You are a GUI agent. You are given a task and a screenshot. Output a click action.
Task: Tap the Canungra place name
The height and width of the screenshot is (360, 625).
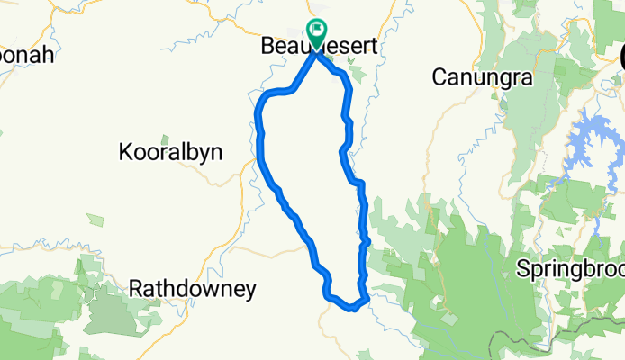(x=482, y=78)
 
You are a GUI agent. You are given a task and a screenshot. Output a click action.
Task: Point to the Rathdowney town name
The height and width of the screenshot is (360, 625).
(x=193, y=290)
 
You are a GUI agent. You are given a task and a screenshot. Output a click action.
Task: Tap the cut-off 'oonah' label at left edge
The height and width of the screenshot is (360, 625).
(x=27, y=54)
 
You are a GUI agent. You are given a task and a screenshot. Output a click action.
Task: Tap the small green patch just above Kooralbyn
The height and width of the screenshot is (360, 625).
(x=164, y=140)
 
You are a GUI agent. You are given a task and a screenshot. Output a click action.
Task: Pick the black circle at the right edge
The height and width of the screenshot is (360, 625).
(x=622, y=56)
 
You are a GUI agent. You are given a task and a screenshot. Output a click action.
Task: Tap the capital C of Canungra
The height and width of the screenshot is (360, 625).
(x=439, y=78)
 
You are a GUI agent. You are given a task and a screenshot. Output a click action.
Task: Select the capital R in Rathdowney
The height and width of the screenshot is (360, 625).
(x=137, y=290)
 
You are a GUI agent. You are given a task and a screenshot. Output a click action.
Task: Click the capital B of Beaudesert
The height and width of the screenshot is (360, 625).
(x=267, y=45)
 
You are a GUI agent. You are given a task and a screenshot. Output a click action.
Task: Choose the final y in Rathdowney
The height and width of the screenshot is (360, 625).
(x=250, y=292)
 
